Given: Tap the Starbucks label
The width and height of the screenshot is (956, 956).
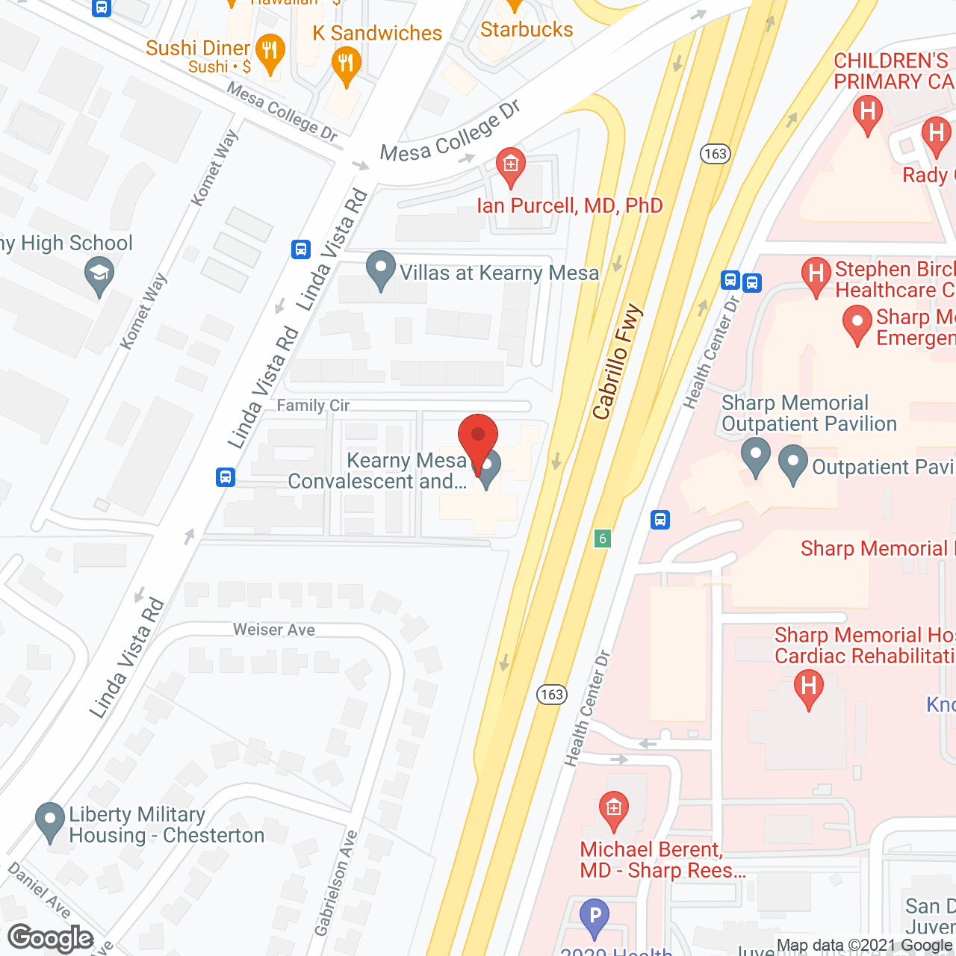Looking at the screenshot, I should [x=527, y=30].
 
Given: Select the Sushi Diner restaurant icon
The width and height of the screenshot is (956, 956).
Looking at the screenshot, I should [x=270, y=52].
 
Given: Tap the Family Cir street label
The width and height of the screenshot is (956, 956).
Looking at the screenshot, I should [x=313, y=406].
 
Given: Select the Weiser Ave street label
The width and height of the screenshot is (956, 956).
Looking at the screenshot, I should [x=274, y=630].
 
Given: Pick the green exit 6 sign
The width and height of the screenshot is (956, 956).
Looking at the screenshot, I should [x=603, y=538].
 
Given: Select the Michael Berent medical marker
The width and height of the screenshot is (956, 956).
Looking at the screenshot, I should [x=614, y=810].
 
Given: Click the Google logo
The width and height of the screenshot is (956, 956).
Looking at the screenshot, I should [x=51, y=938].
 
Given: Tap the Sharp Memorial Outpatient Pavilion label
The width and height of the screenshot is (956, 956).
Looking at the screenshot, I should [x=809, y=413].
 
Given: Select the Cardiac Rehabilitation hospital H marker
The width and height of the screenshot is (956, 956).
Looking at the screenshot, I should [x=808, y=686].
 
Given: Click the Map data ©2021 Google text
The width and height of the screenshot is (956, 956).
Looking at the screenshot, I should [x=865, y=946].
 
